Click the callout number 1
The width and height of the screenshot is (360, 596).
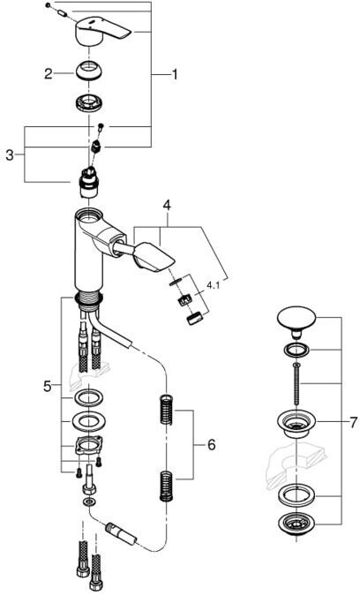175,74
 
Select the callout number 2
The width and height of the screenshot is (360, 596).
49,73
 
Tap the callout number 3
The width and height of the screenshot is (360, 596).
10,155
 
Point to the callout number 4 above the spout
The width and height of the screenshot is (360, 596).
167,205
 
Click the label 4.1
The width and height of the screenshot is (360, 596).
213,284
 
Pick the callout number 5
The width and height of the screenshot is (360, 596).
47,387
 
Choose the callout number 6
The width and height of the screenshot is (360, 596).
211,444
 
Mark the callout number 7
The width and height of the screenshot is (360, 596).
353,422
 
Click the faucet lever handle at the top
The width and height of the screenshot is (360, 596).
103,30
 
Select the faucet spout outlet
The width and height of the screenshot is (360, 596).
154,257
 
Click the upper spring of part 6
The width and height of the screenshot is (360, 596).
166,410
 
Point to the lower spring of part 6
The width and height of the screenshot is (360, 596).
166,486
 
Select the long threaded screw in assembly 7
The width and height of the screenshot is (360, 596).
296,384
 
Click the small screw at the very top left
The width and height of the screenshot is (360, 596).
48,5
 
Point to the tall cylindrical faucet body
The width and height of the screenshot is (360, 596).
88,251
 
